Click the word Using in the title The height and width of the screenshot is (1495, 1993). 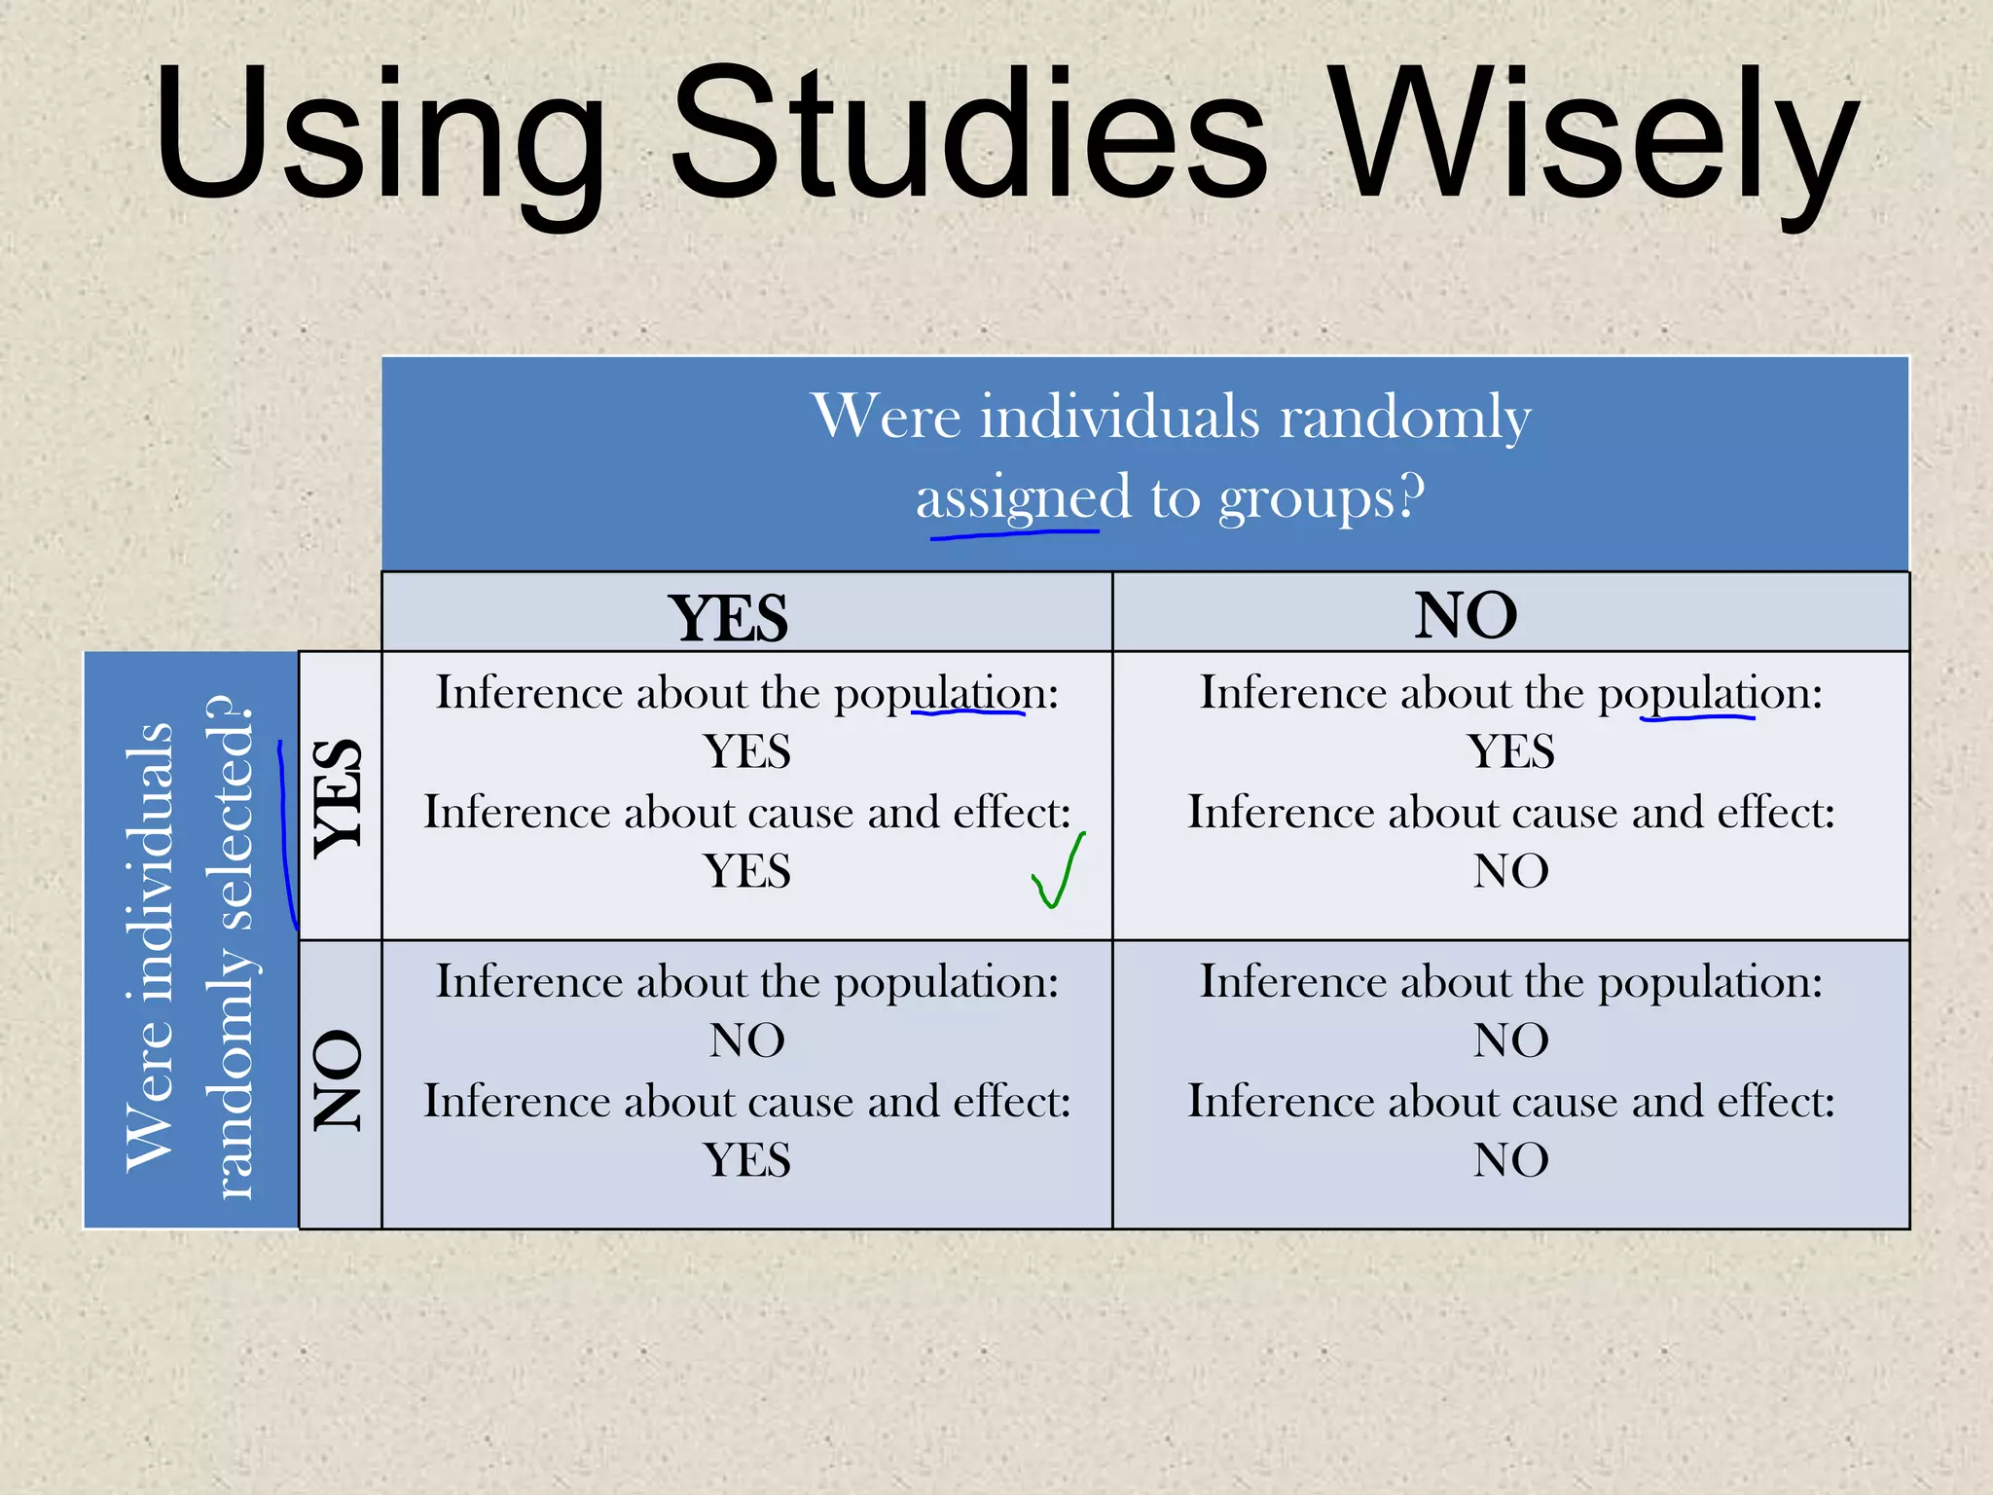380,136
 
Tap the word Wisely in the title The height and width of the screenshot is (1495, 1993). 1596,136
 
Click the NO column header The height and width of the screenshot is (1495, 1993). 1466,615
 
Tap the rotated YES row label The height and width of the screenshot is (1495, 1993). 340,797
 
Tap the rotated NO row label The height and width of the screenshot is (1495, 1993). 340,1080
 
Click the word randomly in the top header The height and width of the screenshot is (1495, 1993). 1404,417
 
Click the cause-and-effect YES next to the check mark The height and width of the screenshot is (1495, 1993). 746,870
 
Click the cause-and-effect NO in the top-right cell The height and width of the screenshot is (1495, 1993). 1510,870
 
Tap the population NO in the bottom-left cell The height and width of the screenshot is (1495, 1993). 746,1040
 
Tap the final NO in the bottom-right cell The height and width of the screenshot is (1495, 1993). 1510,1160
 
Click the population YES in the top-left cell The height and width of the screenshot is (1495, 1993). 746,751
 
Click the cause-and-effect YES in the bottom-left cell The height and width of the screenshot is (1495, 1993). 746,1160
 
